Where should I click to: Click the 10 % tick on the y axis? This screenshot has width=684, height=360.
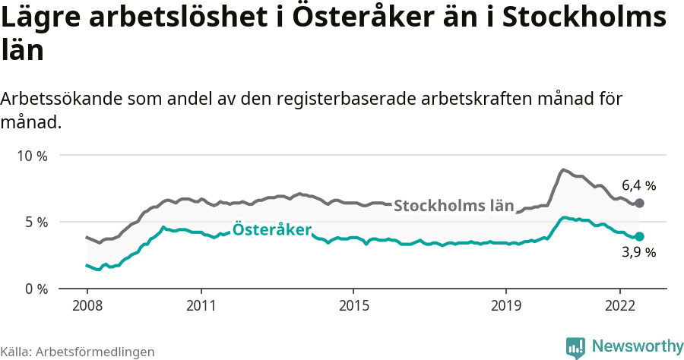click(x=31, y=156)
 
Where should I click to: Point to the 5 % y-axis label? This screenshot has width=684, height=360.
click(x=35, y=223)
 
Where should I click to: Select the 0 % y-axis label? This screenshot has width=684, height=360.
click(x=35, y=289)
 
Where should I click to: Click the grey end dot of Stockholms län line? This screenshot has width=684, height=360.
click(x=640, y=204)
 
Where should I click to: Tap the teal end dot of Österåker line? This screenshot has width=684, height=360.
click(x=640, y=237)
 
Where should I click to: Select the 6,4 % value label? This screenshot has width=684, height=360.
click(x=638, y=185)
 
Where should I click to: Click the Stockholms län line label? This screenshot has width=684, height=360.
click(x=454, y=206)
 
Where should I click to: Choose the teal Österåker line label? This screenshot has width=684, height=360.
click(x=272, y=229)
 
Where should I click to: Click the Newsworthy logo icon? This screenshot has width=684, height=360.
click(x=575, y=347)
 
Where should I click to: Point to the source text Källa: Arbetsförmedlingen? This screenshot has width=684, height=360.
click(x=78, y=352)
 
